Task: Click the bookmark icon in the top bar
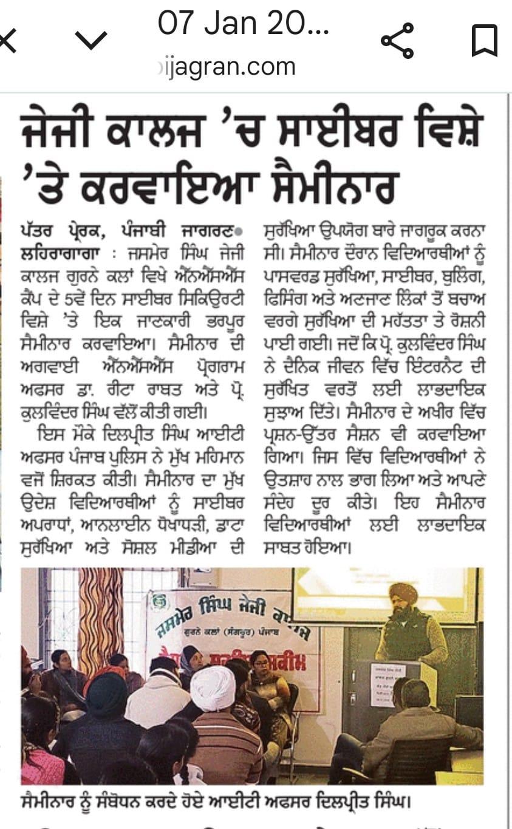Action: [485, 41]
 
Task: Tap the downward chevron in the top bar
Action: [90, 41]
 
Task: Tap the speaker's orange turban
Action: [403, 593]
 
